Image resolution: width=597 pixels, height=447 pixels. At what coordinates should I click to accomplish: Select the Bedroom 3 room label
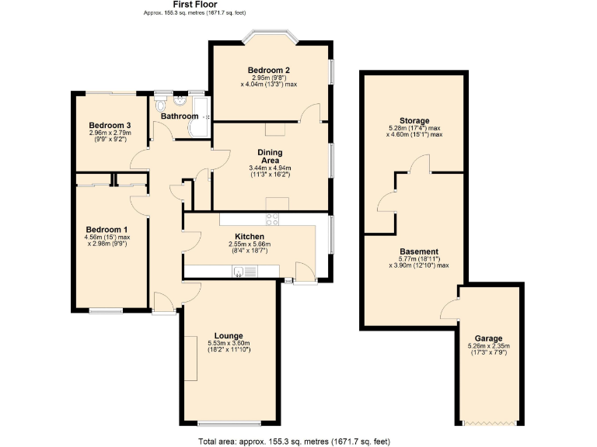110,126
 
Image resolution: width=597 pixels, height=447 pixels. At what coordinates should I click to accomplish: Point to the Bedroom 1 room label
107,230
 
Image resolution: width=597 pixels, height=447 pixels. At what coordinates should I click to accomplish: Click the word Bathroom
180,116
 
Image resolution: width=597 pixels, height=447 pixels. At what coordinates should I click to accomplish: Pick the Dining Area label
269,156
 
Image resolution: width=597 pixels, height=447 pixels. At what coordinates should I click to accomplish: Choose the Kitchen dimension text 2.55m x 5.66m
250,244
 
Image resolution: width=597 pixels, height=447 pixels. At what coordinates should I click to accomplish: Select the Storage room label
414,121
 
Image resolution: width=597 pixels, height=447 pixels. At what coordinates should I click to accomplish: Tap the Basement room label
419,252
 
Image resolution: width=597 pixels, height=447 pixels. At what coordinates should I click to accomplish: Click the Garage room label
489,338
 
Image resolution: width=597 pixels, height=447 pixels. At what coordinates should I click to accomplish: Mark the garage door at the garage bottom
489,424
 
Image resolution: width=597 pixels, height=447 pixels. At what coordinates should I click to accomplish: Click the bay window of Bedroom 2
269,36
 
